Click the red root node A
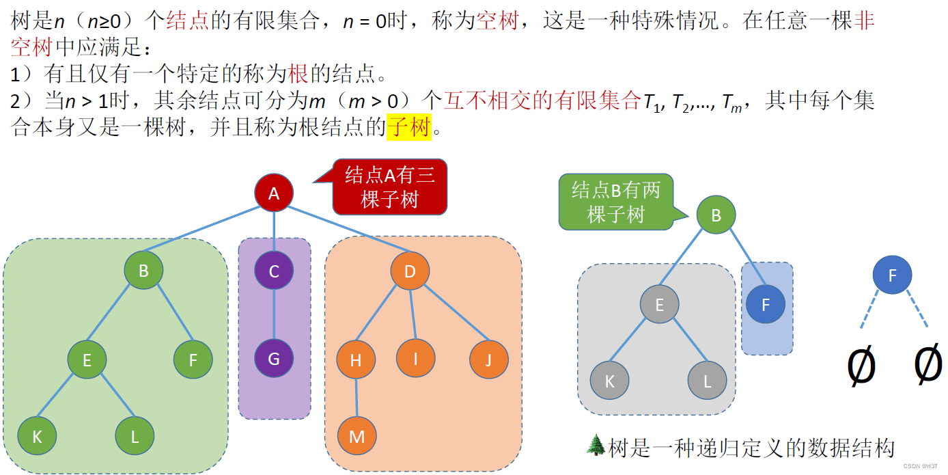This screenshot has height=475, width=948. coord(274,193)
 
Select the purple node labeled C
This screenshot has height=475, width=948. coord(274,271)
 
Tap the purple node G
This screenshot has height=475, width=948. coord(274,359)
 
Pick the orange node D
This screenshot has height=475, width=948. coord(410,271)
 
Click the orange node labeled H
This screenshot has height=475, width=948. coord(356,360)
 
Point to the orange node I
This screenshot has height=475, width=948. coord(415,357)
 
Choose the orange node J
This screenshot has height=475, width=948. coord(488,359)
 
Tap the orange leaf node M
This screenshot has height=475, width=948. coord(357,436)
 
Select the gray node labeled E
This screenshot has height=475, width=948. coord(659,304)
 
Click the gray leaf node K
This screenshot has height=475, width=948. coord(609,381)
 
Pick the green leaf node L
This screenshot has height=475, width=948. coord(135,436)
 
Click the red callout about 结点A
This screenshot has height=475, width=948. coord(389,187)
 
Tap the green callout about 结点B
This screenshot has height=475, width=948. coord(615,202)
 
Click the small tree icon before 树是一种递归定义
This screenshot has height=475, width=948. coord(596,446)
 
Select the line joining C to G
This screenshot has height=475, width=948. coord(274,315)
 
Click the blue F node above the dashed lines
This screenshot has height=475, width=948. coord(892,275)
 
